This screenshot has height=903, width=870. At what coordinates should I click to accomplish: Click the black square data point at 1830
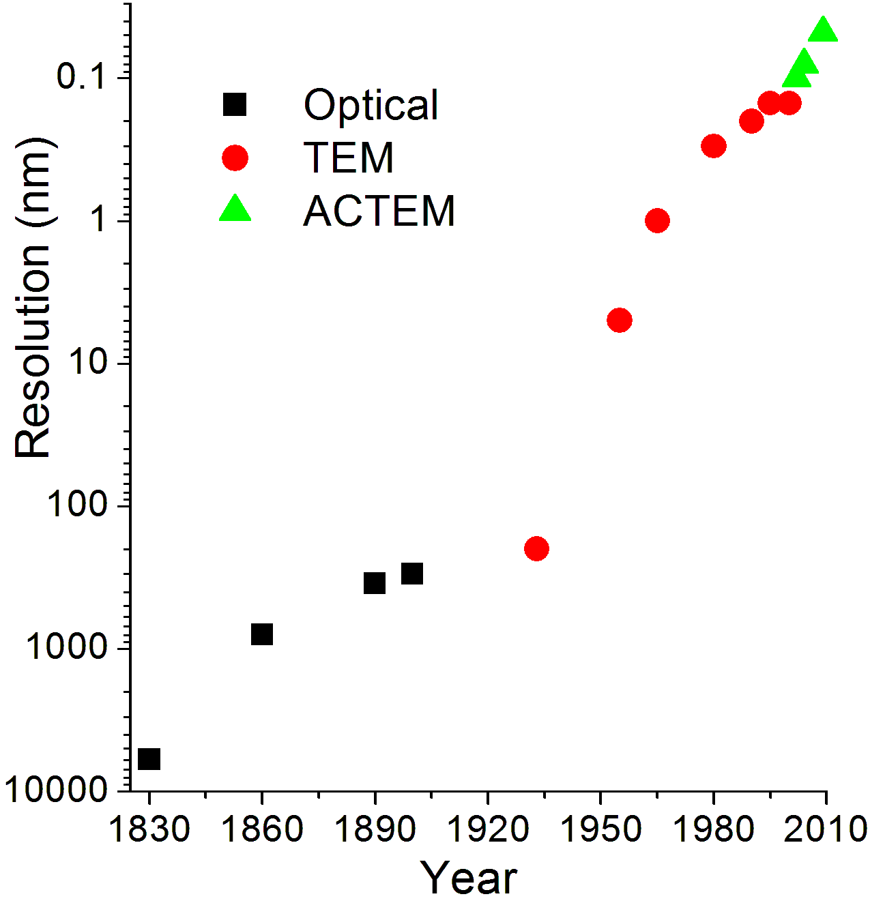[149, 758]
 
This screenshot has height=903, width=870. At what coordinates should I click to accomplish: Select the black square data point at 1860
[262, 634]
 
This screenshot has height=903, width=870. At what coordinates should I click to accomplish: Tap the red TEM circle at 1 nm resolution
[657, 220]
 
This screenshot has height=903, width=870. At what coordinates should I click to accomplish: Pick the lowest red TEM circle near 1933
[537, 548]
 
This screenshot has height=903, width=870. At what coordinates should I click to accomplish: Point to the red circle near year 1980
[714, 145]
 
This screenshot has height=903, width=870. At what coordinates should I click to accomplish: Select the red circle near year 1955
[620, 320]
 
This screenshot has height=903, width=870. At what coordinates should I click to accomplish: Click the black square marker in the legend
[235, 105]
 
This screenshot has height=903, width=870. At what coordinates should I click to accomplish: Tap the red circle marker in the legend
[235, 158]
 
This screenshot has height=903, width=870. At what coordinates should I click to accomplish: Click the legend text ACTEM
[379, 211]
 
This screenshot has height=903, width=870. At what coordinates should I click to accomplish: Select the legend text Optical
[371, 105]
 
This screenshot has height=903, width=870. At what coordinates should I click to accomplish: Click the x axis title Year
[469, 878]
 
